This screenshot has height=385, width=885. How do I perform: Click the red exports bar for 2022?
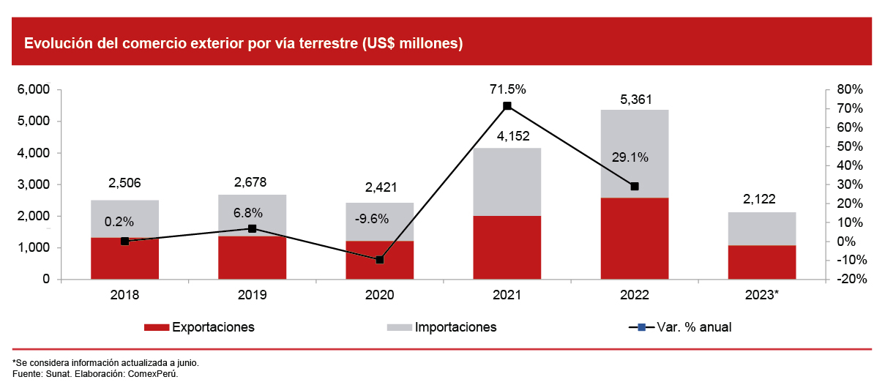pos(634,238)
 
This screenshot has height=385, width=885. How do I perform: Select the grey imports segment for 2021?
pos(507,182)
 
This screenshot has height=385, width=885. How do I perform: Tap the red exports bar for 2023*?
pos(761,262)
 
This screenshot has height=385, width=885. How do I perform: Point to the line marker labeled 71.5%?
pos(507,106)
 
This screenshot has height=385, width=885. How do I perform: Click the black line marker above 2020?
pos(379,260)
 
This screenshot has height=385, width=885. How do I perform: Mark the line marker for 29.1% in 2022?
pos(634,187)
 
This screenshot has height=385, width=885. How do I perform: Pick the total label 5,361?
pos(634,100)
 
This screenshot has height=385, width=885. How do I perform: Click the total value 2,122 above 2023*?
pos(761,199)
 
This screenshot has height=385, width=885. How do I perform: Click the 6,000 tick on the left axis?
pos(33,90)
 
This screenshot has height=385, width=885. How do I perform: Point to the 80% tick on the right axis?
pos(848,90)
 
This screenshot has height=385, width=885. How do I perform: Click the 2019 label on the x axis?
pos(252,295)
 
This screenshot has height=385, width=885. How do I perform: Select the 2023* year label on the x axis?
pos(761,295)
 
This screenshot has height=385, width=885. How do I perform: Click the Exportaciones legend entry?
pos(213,327)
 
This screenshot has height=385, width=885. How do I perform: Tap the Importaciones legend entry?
pos(455,327)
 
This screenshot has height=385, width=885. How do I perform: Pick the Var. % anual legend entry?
pos(694,327)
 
